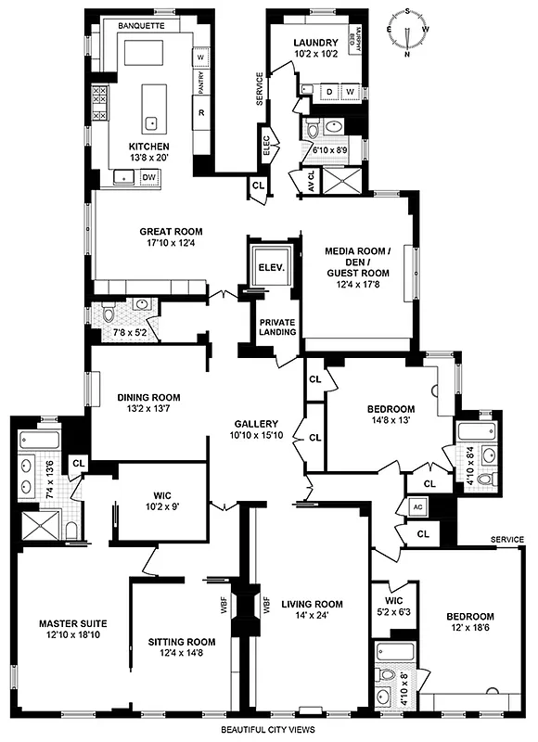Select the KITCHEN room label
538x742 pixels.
pos(148,147)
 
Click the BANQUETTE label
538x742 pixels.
pos(142,27)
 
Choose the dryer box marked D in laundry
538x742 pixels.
pos(330,92)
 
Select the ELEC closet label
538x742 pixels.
pos(265,145)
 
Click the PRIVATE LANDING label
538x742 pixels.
pos(277,326)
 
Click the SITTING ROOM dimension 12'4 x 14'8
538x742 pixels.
pos(181,655)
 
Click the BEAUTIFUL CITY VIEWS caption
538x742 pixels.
pos(269,730)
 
